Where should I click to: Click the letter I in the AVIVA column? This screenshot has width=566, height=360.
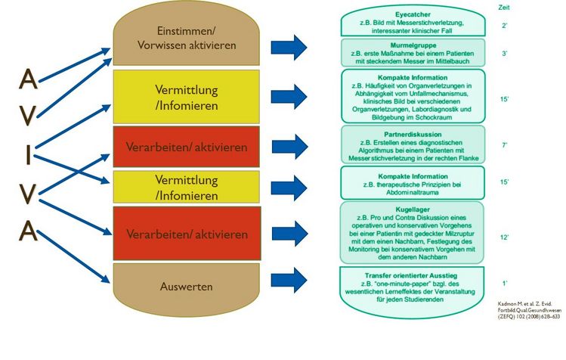28,156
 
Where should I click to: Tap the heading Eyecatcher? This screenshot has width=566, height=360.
413,14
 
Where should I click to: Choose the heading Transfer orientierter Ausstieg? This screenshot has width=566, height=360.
413,274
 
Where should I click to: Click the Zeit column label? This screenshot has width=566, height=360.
504,6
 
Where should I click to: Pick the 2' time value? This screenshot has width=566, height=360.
504,26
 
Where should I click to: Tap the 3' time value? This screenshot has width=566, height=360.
504,54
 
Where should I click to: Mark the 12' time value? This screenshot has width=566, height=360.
504,237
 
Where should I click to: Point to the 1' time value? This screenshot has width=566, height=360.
504,283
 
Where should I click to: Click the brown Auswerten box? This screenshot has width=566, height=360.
186,287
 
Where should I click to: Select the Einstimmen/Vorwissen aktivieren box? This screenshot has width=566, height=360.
186,38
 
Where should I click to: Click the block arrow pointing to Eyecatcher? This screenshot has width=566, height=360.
288,46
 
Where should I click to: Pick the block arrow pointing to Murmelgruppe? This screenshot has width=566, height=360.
288,96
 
